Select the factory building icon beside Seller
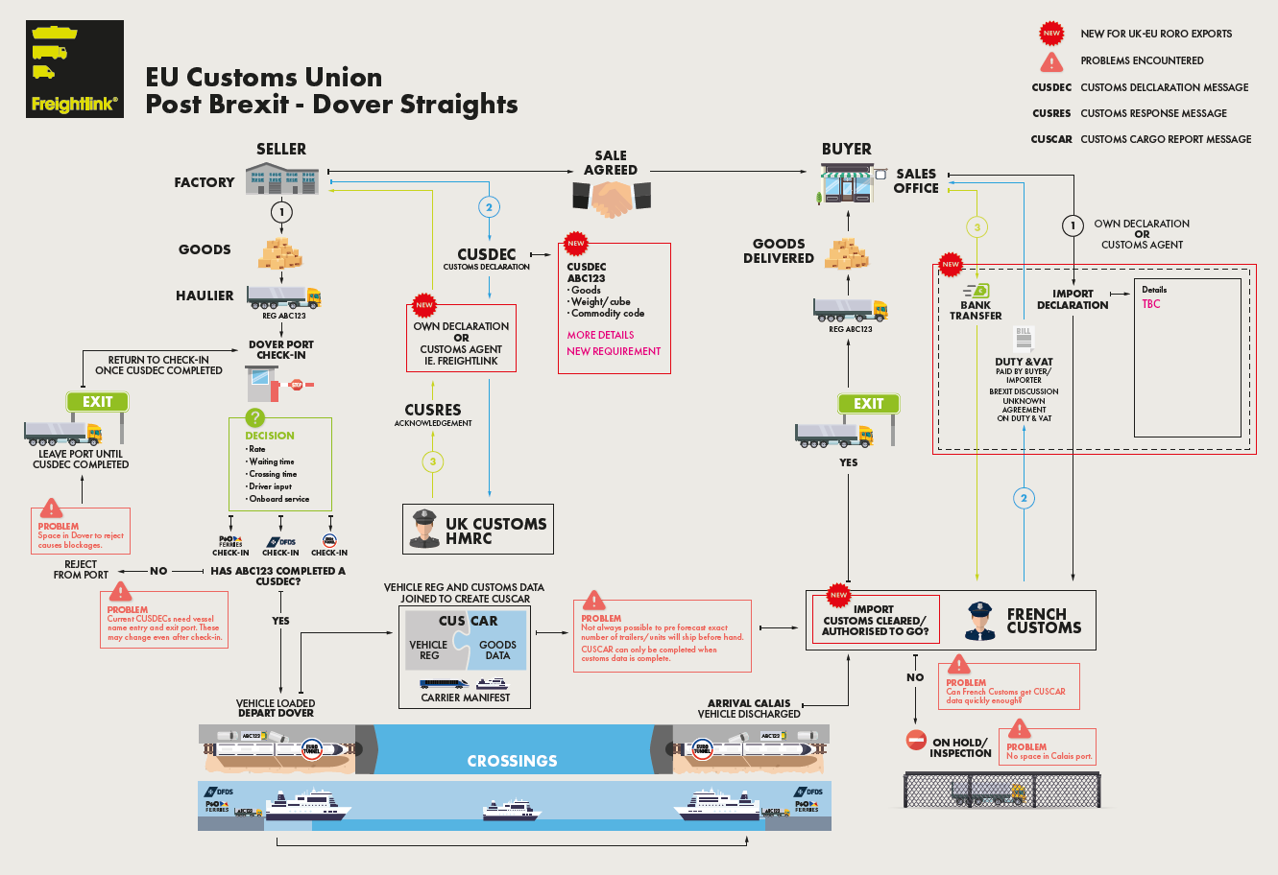[280, 178]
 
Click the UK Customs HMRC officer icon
[423, 529]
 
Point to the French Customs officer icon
[979, 621]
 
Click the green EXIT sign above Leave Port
[97, 402]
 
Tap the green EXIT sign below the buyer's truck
[868, 404]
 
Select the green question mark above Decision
[254, 417]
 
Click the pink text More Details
[600, 335]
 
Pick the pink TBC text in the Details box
[1150, 304]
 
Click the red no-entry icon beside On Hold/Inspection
[916, 741]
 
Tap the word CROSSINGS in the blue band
[512, 761]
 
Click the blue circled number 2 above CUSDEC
[489, 207]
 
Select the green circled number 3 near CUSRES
[433, 461]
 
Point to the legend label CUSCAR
[1051, 139]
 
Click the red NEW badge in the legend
[1051, 34]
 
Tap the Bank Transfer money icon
[977, 290]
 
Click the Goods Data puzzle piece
[498, 649]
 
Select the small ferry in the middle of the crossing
[511, 811]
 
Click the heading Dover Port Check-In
[280, 349]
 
